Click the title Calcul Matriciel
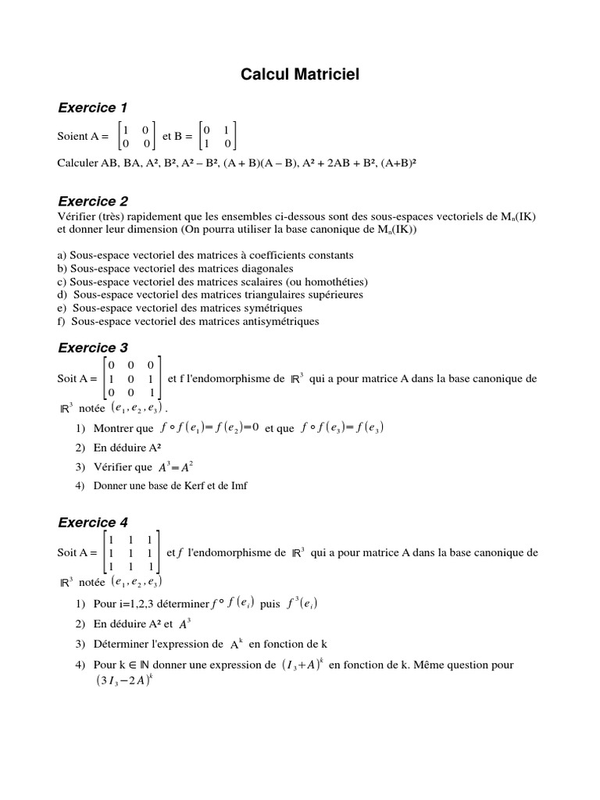coord(300,75)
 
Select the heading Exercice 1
coord(93,107)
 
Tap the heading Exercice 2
coord(93,201)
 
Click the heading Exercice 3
coord(93,348)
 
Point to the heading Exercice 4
coord(93,522)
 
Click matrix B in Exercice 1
coord(217,136)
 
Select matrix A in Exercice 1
coord(136,136)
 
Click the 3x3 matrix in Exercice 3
coord(132,379)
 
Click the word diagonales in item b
coord(246,268)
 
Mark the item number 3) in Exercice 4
coord(80,645)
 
